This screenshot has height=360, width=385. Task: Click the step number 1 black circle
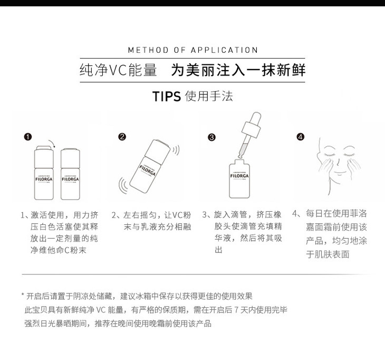point(28,137)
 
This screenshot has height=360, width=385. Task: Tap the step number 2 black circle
point(122,137)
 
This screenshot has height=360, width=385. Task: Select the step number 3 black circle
point(211,137)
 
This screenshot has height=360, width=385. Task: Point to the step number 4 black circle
point(301,137)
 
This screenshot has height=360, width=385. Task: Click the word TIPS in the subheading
point(167,96)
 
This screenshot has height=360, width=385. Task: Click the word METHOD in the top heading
point(148,50)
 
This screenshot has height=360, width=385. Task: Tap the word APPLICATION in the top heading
point(225,50)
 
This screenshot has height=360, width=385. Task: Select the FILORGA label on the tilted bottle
point(148,170)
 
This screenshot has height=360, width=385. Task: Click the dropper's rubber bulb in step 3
point(256,119)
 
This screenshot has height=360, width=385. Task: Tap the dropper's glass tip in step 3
point(240,155)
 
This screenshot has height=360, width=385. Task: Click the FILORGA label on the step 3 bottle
point(239,176)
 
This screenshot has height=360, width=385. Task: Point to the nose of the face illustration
point(338,162)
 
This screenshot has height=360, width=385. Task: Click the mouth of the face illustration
point(340,173)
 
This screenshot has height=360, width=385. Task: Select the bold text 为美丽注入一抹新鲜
point(238,70)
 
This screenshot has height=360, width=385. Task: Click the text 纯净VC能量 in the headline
point(118,70)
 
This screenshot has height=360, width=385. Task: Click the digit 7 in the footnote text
point(236,310)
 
